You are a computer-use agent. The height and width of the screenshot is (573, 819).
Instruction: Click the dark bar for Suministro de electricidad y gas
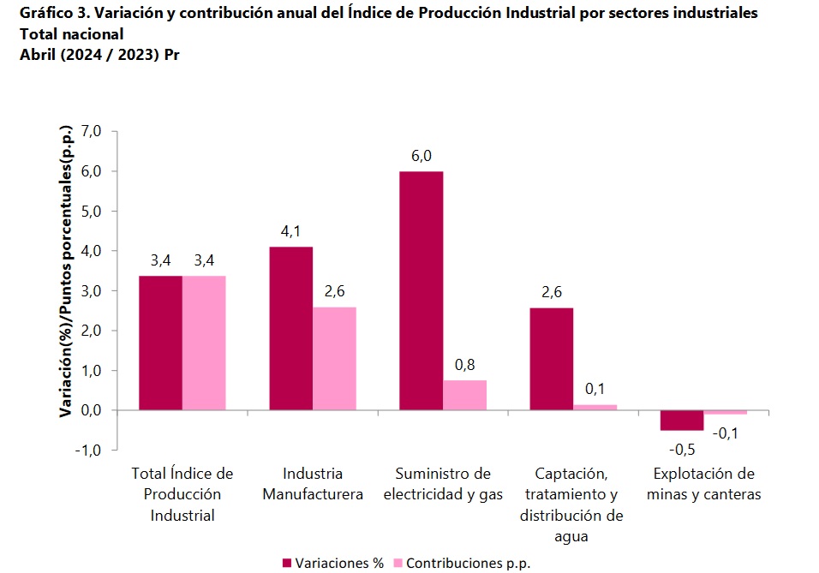coord(421,291)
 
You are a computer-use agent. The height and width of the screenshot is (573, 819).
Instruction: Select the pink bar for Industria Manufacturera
coord(334,359)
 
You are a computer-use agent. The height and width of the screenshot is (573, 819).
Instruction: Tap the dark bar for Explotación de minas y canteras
coord(681,421)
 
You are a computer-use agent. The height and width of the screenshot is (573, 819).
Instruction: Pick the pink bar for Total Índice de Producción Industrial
coord(204,343)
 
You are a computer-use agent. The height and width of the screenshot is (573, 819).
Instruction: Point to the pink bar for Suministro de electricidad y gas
coord(464,395)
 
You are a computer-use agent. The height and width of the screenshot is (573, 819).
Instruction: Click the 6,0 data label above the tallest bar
coord(421,156)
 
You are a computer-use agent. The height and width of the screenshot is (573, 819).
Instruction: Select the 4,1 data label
coord(290,231)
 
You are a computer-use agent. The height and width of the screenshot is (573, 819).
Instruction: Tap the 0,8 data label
coord(464,365)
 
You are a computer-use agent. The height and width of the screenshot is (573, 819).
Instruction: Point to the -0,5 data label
coord(682,448)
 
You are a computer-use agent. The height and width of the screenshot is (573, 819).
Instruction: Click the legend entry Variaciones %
coord(333,563)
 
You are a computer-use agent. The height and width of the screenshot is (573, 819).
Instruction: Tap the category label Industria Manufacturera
coord(313,484)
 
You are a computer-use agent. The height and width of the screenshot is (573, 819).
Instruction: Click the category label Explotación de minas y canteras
coord(703,484)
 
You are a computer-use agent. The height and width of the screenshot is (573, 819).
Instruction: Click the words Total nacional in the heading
coord(71,34)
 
